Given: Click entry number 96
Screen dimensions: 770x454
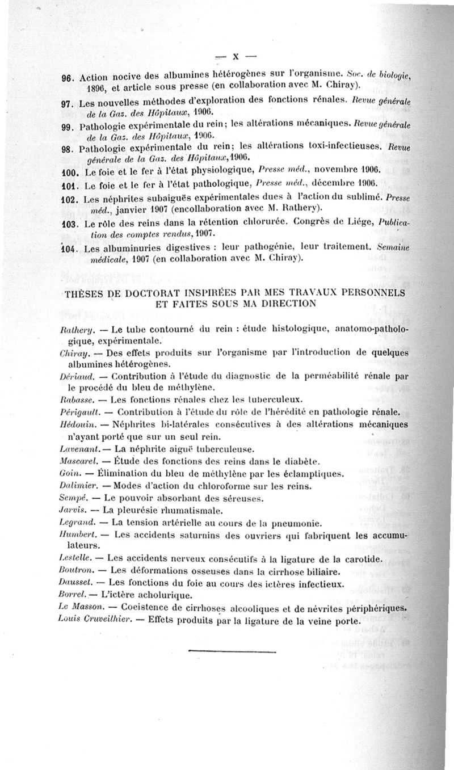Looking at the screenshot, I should click(68, 78).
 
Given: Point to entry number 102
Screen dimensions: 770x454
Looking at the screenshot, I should click(70, 200).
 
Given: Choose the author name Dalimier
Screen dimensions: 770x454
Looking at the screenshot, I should click(76, 485).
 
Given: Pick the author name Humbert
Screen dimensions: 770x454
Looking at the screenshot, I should click(75, 535).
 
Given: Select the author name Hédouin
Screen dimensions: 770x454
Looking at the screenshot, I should click(75, 424).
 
